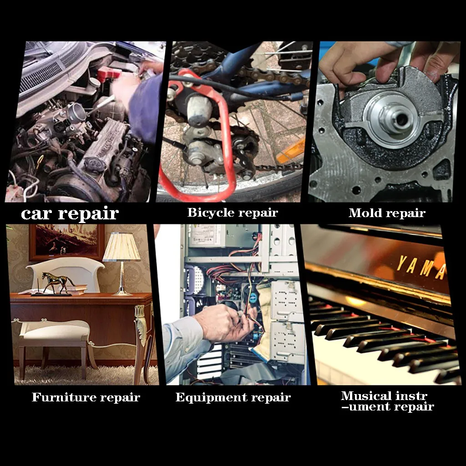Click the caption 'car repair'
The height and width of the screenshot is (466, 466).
point(70,213)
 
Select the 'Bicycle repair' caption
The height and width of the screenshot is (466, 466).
point(233,213)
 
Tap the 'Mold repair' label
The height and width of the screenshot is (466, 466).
point(387,213)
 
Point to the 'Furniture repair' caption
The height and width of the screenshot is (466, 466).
point(86,397)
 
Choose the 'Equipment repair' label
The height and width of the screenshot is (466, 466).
point(233,397)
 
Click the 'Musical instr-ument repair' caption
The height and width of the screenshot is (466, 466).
point(387,401)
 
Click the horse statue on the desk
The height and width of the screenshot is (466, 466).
point(58,282)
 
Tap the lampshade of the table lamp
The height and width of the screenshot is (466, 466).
point(121,247)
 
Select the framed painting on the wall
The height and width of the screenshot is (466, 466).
point(67,242)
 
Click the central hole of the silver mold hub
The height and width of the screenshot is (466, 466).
point(401,119)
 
